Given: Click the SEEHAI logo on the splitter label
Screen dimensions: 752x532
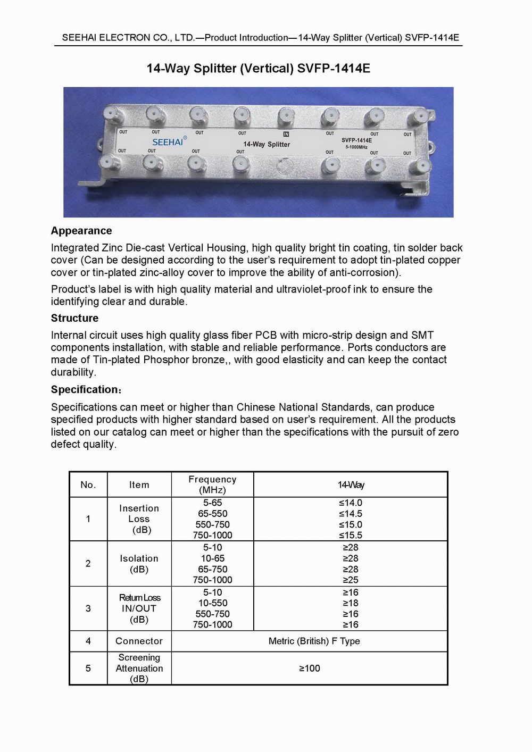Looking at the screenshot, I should click(168, 142).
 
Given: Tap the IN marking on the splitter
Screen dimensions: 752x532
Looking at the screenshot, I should click(286, 135).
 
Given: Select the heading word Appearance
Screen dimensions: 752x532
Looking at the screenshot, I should click(81, 231).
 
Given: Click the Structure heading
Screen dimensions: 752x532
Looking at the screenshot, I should click(74, 318).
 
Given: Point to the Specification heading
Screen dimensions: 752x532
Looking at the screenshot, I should click(85, 389).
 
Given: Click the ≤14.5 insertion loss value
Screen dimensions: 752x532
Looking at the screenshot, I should click(351, 514).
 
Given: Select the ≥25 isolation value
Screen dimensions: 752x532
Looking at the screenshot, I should click(351, 580).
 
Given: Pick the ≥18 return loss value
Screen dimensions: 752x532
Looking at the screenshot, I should click(351, 603).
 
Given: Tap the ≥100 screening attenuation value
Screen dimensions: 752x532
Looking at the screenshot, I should click(309, 668).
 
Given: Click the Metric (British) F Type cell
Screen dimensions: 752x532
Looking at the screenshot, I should click(314, 641).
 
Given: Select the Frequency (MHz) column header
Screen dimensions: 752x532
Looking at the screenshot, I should click(212, 484).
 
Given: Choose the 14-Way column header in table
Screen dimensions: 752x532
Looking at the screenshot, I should click(351, 484).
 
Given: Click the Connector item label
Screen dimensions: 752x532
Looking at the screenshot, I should click(139, 641).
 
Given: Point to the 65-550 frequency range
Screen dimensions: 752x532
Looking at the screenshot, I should click(212, 514).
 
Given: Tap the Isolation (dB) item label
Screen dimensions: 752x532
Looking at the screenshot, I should click(139, 564).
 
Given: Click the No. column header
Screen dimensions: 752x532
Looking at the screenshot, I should click(88, 484).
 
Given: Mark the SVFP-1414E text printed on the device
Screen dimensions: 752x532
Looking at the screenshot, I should click(356, 140).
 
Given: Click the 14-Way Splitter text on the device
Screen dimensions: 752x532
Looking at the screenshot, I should click(267, 144).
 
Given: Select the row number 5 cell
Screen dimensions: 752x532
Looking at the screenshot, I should click(88, 668).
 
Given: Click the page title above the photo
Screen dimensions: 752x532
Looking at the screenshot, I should click(258, 69).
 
